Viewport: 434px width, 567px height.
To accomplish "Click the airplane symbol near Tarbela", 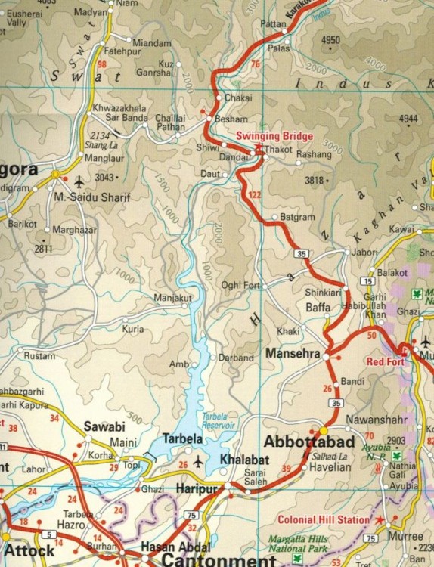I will pos(198,460).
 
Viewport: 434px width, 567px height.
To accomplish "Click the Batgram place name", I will pos(297,218).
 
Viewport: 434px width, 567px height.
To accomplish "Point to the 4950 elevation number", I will pos(331,40).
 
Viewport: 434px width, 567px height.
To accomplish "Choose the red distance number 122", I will pos(255,195).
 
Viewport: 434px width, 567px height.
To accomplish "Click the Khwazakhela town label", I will pos(119,109).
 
